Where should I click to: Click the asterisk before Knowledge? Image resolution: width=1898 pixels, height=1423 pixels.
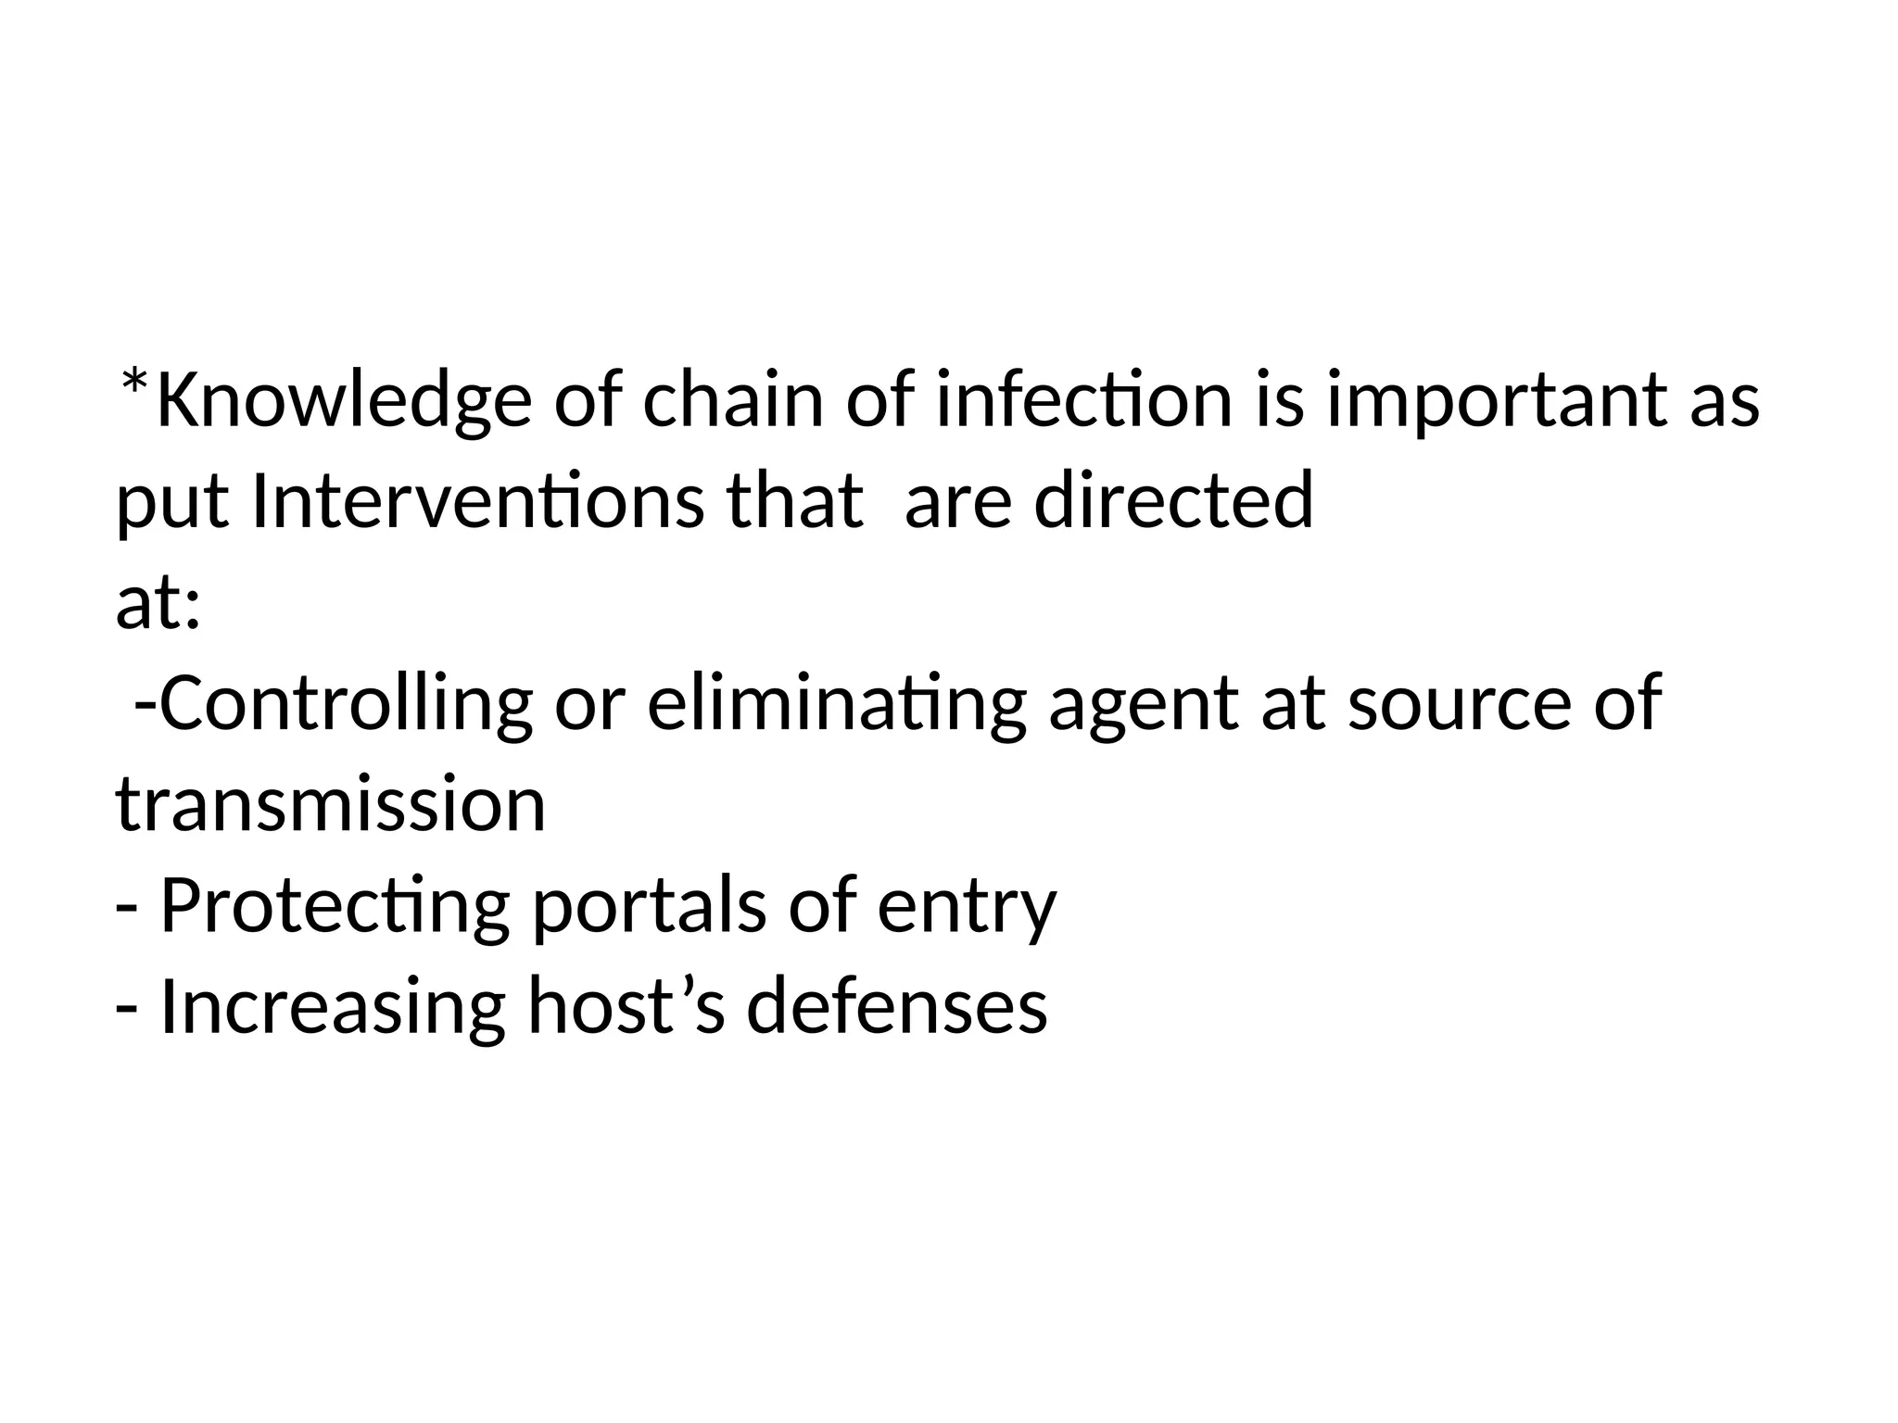point(135,381)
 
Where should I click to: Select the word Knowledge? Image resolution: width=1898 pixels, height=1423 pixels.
point(344,400)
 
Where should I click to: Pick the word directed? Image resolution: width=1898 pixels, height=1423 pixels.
point(1173,501)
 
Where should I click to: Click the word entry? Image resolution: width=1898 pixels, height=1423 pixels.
point(966,908)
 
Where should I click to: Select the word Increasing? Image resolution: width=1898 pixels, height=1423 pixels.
point(333,1008)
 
